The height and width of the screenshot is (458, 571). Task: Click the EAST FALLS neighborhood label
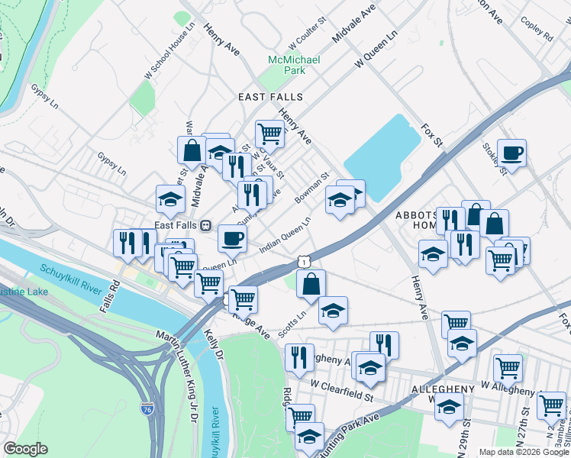(270, 97)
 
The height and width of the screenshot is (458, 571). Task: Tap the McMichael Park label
(293, 65)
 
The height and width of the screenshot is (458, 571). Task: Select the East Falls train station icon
(205, 225)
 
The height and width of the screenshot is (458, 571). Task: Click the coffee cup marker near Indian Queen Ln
(233, 238)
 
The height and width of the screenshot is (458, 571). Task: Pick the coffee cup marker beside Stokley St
(511, 152)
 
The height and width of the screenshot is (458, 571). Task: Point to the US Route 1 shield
(305, 262)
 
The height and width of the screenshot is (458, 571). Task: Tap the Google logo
(25, 449)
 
